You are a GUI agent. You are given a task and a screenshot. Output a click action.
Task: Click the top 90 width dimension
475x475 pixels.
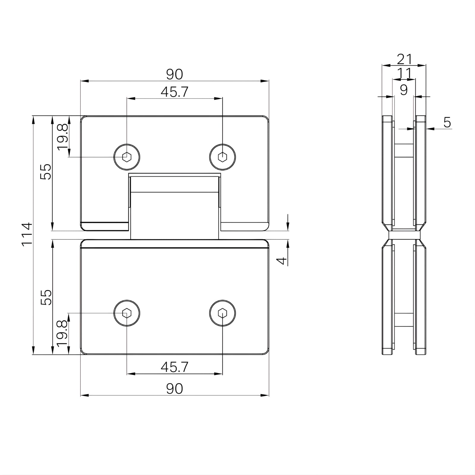click(x=175, y=74)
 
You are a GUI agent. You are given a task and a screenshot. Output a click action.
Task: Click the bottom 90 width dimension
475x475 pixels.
click(x=175, y=389)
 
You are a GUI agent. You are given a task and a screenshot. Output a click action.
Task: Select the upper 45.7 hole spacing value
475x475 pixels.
click(x=175, y=92)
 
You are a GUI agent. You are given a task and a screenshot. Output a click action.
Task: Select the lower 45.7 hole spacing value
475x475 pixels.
click(x=175, y=367)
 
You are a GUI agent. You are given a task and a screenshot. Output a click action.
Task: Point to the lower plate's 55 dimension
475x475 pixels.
click(x=46, y=297)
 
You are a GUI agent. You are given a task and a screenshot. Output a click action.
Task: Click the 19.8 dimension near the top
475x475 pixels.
click(x=63, y=137)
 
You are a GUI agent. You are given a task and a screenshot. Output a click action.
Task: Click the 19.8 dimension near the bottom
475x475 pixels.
click(x=63, y=334)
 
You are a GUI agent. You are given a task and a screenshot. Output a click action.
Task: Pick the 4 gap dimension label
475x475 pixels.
click(x=282, y=261)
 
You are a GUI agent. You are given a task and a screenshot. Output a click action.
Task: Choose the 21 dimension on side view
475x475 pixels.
click(x=404, y=59)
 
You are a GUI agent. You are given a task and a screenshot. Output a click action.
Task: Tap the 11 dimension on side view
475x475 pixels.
click(x=404, y=73)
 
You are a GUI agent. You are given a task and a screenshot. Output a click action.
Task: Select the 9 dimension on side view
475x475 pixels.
click(x=404, y=90)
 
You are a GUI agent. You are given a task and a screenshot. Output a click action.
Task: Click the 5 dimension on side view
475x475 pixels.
click(x=447, y=122)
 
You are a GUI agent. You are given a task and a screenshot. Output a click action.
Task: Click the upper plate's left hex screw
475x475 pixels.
click(x=127, y=156)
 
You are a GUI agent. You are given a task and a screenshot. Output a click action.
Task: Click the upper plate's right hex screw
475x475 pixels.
click(x=222, y=156)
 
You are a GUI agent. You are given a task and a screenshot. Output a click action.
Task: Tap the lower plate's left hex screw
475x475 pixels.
click(x=127, y=313)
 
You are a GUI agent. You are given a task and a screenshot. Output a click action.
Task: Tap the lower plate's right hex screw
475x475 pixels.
click(x=222, y=313)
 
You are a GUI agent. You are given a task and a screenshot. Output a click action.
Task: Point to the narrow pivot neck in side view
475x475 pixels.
click(x=404, y=235)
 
